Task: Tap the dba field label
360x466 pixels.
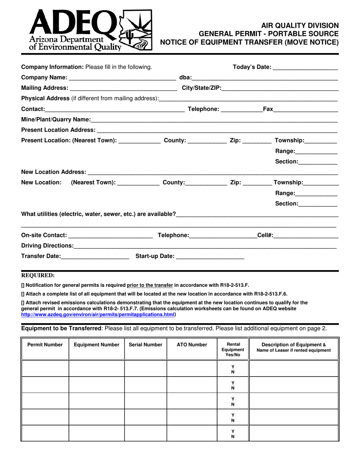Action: (x=185, y=78)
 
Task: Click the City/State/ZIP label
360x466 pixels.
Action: (x=202, y=88)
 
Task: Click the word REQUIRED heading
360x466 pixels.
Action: (x=38, y=275)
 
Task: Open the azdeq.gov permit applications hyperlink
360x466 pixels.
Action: (x=98, y=314)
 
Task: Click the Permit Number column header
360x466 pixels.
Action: (x=45, y=345)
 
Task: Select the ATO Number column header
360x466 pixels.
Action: (x=192, y=345)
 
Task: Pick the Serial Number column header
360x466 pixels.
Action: (x=146, y=345)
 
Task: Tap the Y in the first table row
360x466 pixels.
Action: (x=233, y=366)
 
